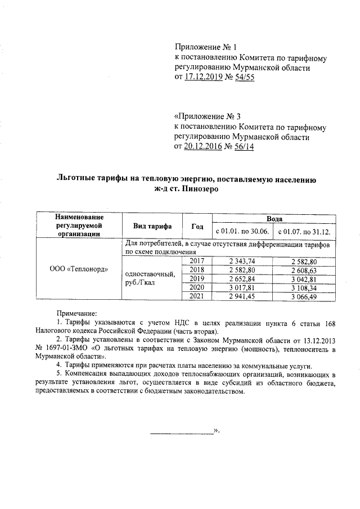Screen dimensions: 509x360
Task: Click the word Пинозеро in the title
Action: (x=199, y=190)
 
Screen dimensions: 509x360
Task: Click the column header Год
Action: (x=197, y=227)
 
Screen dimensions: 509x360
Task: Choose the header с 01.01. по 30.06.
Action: (x=242, y=232)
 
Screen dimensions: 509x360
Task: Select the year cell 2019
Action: (x=197, y=278)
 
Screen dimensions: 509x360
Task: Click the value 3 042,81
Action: (x=305, y=278)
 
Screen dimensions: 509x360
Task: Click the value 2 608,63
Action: (x=305, y=270)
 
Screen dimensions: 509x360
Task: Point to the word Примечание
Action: (x=76, y=313)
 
